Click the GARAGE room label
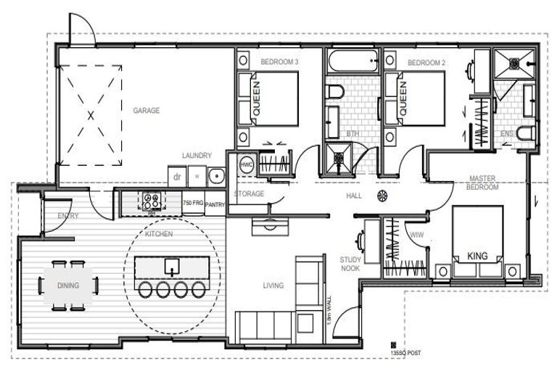pos(146,111)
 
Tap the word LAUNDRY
pos(197,156)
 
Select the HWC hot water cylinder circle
pos(247,164)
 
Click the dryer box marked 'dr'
pos(176,176)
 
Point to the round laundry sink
pos(214,175)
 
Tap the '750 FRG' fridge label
pos(192,203)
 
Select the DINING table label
pos(68,285)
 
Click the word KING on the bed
pos(477,256)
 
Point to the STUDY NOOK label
pos(350,263)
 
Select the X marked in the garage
pos(90,114)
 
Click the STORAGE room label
pos(248,193)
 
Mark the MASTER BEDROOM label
pos(483,183)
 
